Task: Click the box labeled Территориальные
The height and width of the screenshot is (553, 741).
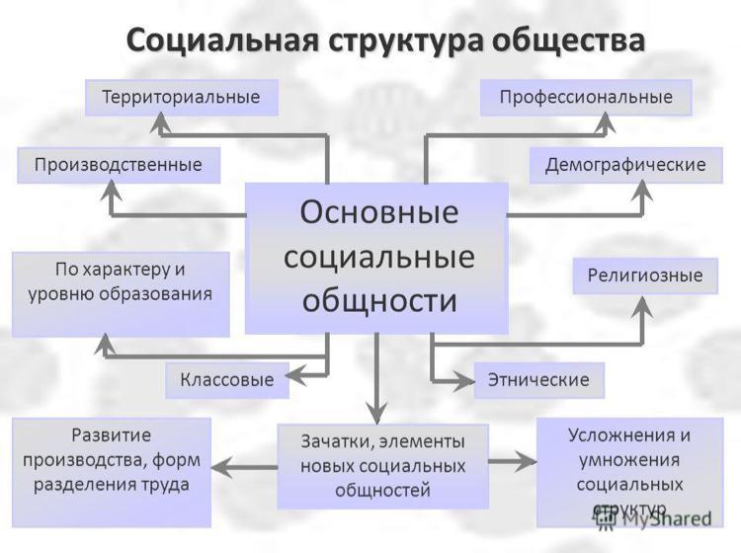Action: pos(182,98)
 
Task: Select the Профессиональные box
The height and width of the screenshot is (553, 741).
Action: pos(586,98)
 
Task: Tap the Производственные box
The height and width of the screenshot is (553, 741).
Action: pos(119,165)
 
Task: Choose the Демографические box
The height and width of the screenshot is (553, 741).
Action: pos(625,165)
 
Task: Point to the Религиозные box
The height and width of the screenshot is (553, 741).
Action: pos(645,276)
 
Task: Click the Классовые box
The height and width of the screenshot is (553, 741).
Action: pos(227,380)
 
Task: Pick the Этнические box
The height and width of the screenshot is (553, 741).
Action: pos(538,380)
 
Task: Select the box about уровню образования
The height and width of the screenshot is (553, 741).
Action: pos(121,294)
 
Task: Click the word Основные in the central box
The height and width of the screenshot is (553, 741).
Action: pos(379,212)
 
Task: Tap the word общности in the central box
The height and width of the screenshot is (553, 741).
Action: pos(379,301)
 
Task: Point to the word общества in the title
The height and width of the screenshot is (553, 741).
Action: pos(568,40)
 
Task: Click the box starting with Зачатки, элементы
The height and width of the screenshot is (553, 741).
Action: pos(382,466)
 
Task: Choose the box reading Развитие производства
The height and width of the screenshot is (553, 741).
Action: pos(112,472)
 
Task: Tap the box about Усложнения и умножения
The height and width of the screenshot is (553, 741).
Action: pos(630,472)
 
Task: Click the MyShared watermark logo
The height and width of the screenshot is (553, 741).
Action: pos(653,518)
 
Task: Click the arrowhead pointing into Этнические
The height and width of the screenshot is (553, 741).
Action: pos(464,380)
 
